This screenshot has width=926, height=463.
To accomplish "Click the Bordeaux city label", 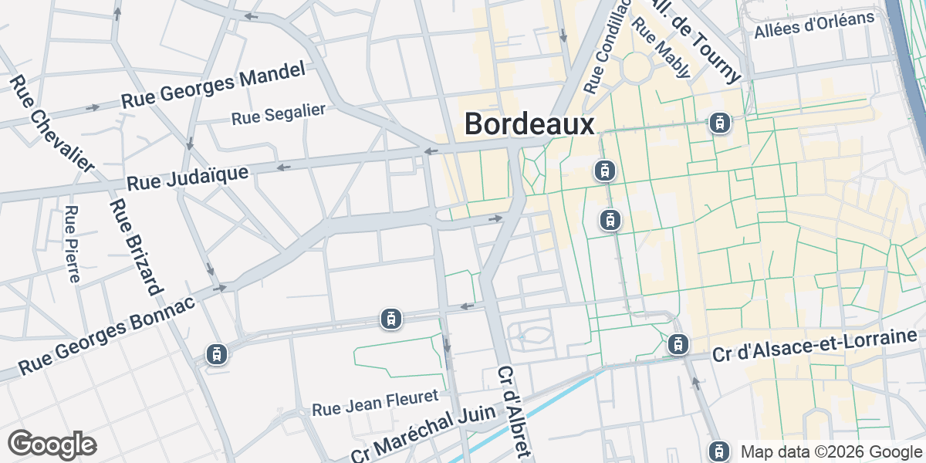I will [530, 125].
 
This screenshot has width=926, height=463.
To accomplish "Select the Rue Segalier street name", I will [279, 115].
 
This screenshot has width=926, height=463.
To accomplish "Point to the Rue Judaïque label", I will [188, 177].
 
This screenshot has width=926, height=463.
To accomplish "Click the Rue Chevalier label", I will [52, 123].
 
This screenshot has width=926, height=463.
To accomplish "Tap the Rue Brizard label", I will [136, 248].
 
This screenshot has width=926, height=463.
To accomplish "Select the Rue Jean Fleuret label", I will [375, 403].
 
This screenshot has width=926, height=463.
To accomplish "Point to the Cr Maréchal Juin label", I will [422, 433].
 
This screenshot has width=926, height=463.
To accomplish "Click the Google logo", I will [52, 444].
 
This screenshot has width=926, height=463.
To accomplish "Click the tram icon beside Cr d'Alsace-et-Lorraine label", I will [678, 344].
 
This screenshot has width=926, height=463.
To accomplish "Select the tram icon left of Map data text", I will [719, 451].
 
